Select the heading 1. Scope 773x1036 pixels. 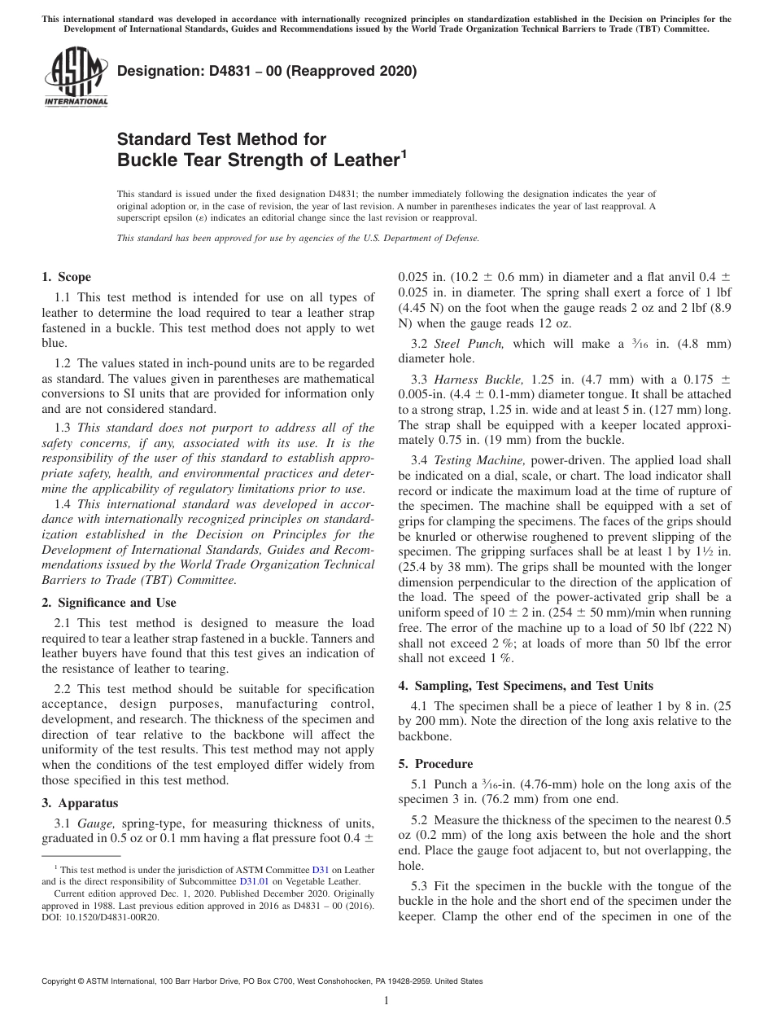pyautogui.click(x=67, y=277)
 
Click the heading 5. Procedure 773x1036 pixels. pyautogui.click(x=435, y=764)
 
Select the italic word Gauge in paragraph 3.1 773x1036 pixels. pyautogui.click(x=96, y=823)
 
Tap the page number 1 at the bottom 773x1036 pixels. pyautogui.click(x=386, y=1000)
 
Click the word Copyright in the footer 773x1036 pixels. pyautogui.click(x=61, y=981)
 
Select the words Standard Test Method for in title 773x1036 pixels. pyautogui.click(x=221, y=139)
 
